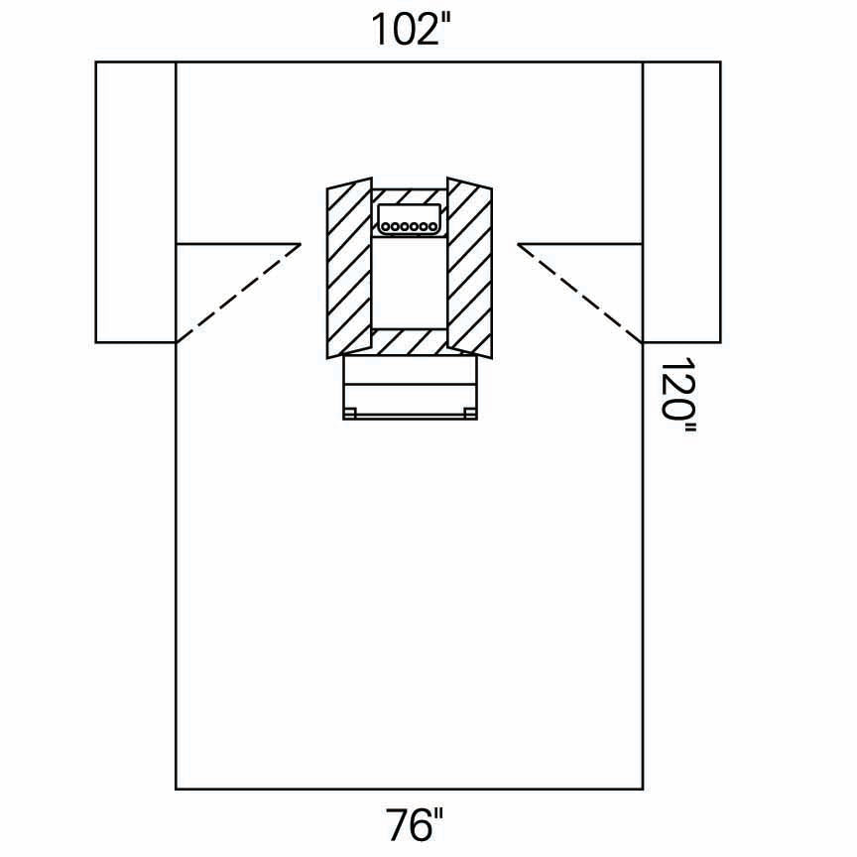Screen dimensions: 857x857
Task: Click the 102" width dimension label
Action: pos(418,30)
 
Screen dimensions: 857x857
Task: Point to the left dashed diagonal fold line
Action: pos(239,293)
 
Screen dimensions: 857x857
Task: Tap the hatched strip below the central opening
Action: pos(409,342)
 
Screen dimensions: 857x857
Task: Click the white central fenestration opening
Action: pos(409,283)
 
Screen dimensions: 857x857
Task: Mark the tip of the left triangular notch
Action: pos(301,243)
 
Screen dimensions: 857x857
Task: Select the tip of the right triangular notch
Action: pos(518,243)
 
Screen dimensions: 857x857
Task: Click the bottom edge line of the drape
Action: pos(409,790)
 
